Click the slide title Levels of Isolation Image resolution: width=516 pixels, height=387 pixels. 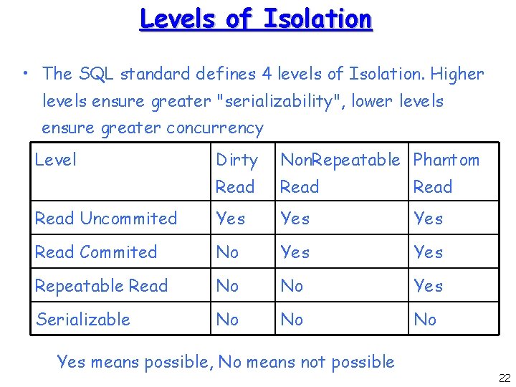coord(257,19)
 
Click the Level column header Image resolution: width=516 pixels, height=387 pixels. coord(55,160)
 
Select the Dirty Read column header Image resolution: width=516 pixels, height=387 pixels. coord(236,173)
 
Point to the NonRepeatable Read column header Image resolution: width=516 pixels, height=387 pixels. coord(340,173)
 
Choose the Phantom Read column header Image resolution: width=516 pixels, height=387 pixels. coord(446,173)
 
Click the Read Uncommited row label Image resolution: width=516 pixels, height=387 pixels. coord(106,219)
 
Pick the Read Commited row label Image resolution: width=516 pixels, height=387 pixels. coord(96,252)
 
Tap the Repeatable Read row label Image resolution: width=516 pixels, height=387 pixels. coord(101,286)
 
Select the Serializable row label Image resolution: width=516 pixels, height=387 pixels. coord(83,320)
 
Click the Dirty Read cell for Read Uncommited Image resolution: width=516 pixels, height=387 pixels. coord(230,219)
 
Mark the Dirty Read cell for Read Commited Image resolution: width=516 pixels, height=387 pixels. coord(227,252)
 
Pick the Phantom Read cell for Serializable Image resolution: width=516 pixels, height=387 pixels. coord(425,320)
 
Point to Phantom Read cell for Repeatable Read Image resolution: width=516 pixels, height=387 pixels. coord(428,286)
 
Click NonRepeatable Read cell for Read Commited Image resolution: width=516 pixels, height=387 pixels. coord(295,252)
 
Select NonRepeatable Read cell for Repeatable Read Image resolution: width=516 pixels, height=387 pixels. coord(292,286)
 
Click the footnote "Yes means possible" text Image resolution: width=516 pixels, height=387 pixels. coord(133,362)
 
